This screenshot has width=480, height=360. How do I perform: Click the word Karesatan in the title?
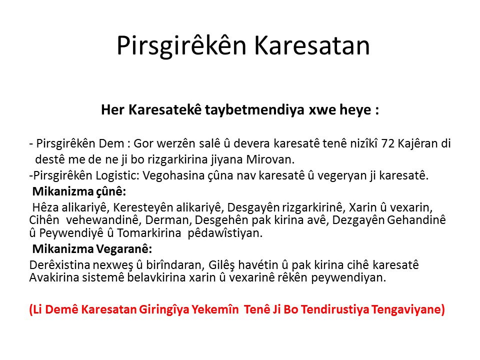click(312, 45)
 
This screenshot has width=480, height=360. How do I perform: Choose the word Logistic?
click(117, 175)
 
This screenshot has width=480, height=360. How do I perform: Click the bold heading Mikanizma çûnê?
click(79, 191)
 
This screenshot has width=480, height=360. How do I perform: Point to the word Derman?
click(168, 220)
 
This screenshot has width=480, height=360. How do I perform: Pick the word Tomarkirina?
click(149, 233)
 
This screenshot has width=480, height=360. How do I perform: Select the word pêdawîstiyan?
click(225, 233)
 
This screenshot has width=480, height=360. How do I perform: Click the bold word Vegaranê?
click(124, 249)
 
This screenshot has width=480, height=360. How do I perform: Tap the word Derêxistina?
click(59, 265)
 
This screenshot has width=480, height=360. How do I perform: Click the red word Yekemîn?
click(215, 309)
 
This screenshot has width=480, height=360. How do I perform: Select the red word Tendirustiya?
click(335, 309)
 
